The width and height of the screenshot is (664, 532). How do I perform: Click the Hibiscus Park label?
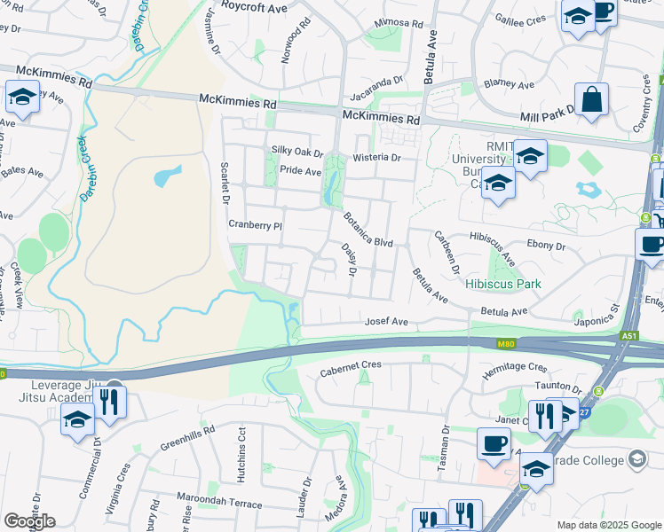tap(503, 285)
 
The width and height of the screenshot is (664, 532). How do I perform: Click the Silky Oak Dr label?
tap(297, 153)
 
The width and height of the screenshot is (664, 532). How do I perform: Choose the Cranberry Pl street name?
tap(255, 225)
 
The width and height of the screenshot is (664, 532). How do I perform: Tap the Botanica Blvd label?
tap(368, 229)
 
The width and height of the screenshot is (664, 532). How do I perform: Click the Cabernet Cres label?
tap(351, 364)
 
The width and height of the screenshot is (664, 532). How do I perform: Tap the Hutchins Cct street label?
tap(241, 454)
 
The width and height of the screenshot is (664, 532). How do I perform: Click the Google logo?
tap(29, 521)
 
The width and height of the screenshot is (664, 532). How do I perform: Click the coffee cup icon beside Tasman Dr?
tap(494, 443)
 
